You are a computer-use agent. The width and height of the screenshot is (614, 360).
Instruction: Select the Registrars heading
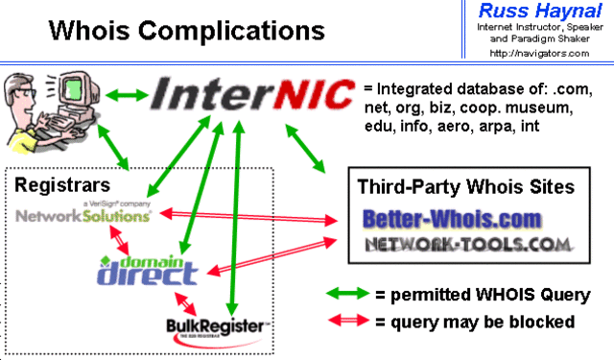tap(60, 183)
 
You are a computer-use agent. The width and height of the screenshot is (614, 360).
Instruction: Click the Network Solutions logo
tap(84, 215)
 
